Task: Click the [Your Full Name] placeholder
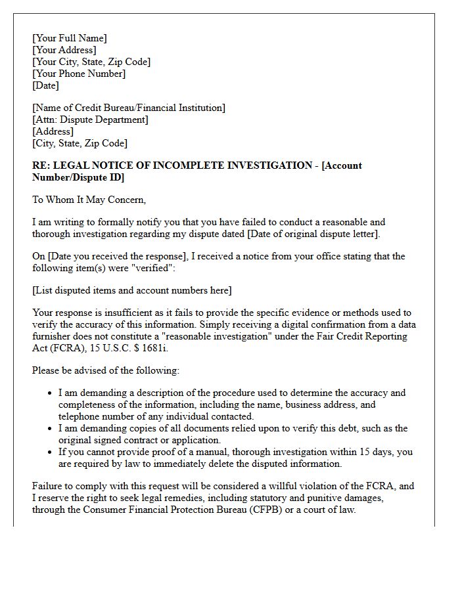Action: click(x=70, y=38)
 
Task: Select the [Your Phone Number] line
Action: click(x=79, y=74)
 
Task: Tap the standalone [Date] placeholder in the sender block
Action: click(x=45, y=85)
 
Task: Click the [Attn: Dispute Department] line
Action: click(x=90, y=120)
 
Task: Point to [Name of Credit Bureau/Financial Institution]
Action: click(x=128, y=108)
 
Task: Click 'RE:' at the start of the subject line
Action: click(x=41, y=165)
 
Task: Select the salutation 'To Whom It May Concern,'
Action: click(x=89, y=200)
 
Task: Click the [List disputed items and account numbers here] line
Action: click(x=131, y=290)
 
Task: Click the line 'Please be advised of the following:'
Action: click(x=105, y=370)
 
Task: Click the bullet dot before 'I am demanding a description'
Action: click(x=51, y=393)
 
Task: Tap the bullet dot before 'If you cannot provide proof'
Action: click(x=51, y=452)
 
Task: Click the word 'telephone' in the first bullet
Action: click(x=80, y=416)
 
